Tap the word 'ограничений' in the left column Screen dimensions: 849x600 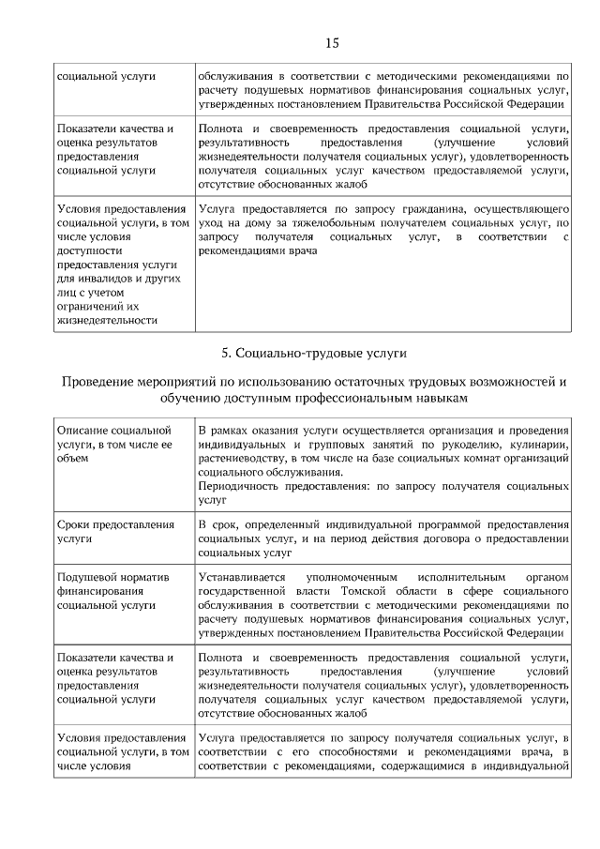(x=90, y=306)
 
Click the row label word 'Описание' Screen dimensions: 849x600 (x=83, y=430)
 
